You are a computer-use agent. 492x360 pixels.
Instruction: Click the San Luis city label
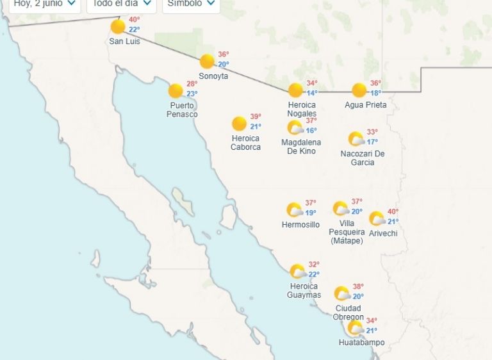(124, 42)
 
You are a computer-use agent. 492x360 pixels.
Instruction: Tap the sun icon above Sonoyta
(206, 61)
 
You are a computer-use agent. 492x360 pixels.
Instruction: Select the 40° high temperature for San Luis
(134, 20)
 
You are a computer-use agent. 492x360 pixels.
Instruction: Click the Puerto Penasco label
(182, 110)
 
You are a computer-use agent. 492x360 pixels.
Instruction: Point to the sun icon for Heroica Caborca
(239, 124)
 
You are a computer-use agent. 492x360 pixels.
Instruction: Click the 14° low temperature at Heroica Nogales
(312, 93)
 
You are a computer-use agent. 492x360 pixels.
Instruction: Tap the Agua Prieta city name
(365, 105)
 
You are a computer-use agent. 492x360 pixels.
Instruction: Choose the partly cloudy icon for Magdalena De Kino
(295, 128)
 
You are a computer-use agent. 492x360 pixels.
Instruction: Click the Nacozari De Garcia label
(362, 158)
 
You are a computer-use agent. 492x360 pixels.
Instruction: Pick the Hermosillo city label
(300, 225)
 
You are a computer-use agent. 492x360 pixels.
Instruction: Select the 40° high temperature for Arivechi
(393, 212)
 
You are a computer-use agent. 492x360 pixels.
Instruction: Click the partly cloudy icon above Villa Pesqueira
(341, 209)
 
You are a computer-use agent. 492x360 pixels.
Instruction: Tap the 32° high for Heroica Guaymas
(314, 265)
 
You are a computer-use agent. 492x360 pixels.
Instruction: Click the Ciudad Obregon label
(348, 313)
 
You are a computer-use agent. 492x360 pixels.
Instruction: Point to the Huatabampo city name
(361, 343)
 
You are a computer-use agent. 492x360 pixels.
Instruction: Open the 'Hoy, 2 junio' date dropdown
(45, 4)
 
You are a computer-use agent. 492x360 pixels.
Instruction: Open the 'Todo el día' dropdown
(121, 4)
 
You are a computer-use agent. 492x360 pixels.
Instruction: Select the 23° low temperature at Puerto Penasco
(192, 94)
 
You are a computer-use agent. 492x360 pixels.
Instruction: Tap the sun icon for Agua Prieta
(359, 90)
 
